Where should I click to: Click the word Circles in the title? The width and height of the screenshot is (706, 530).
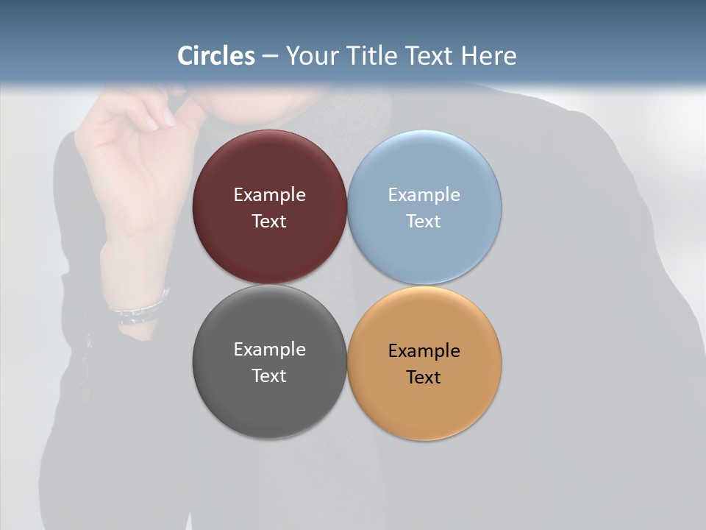215,56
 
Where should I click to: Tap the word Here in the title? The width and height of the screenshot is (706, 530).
488,56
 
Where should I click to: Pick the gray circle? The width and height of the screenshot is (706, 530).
269,405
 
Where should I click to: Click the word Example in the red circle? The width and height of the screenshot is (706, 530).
269,195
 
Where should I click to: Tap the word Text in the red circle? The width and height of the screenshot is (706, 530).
269,222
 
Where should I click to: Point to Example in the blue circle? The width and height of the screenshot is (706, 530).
424,195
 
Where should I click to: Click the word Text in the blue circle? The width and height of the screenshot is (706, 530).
424,222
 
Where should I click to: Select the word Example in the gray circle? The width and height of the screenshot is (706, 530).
269,350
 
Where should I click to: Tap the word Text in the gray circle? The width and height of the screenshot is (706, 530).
269,376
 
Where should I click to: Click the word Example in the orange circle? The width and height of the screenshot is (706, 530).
424,351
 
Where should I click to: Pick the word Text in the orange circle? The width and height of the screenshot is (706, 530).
424,378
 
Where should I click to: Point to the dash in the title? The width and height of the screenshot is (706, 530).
270,56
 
